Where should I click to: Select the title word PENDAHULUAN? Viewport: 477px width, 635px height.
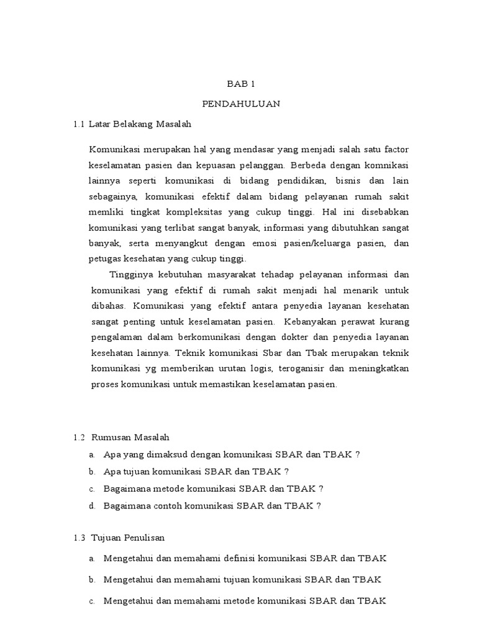pos(241,104)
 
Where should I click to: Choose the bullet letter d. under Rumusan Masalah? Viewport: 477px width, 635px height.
pos(92,505)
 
